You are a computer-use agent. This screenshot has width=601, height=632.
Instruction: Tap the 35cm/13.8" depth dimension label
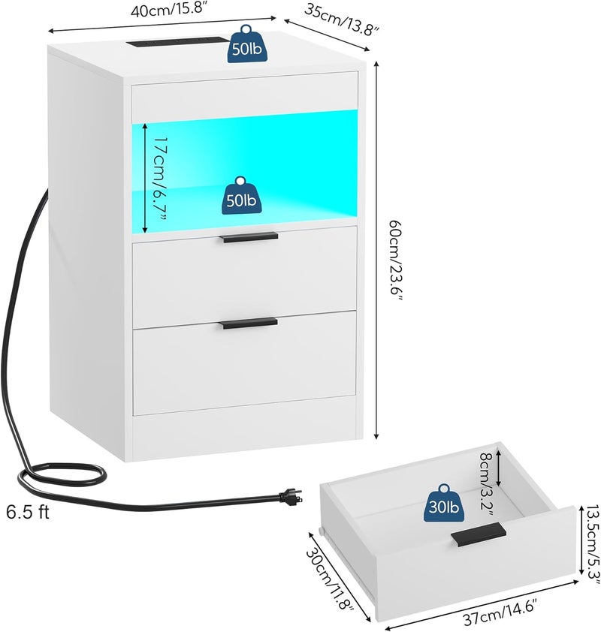341,20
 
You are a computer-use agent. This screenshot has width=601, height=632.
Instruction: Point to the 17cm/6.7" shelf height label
160,179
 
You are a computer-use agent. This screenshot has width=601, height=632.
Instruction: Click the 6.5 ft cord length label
28,513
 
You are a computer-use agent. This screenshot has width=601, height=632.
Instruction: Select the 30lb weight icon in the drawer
444,503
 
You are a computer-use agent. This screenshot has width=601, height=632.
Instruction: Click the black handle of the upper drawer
249,237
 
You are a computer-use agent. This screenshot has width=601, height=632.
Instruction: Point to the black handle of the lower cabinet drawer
249,323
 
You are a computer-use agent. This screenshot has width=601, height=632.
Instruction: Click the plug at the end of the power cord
290,498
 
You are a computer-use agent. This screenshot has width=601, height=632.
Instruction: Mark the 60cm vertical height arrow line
376,250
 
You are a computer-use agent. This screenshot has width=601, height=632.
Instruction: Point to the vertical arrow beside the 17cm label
145,178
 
